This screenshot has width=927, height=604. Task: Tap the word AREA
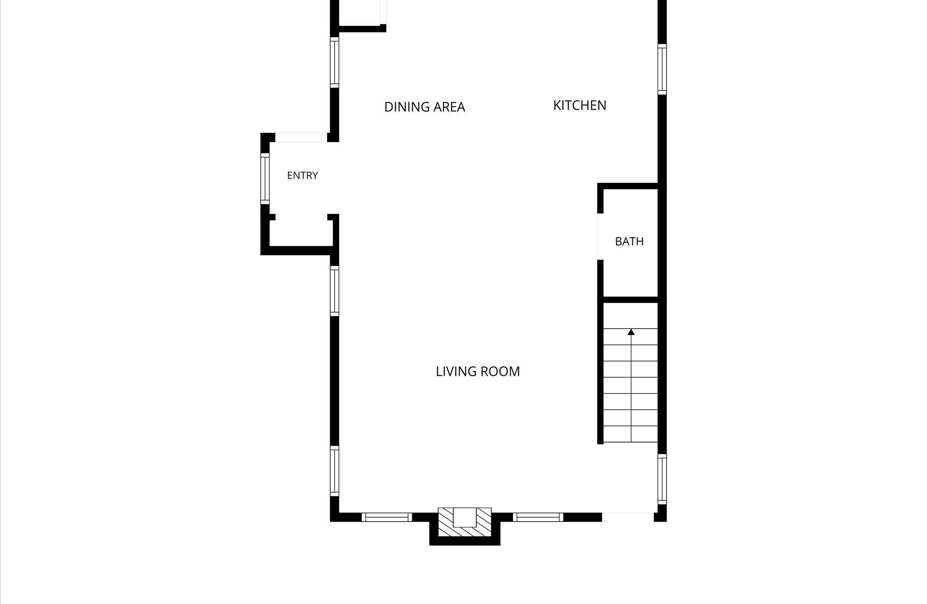tap(449, 107)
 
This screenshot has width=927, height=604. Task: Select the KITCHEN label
tap(580, 106)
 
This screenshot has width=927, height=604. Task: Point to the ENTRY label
tap(302, 176)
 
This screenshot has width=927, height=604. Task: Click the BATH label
tap(629, 241)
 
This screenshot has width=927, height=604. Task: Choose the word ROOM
tap(500, 371)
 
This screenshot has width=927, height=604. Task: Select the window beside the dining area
tap(334, 62)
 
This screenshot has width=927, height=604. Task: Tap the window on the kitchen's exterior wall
tap(662, 69)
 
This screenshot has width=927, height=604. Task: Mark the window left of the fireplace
tap(387, 517)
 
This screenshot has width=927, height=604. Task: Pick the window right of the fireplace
tap(538, 517)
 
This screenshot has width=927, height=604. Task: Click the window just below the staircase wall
tap(662, 479)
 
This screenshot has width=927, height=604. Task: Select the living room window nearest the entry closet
tap(334, 291)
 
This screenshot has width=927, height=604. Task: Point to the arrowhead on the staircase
tap(631, 332)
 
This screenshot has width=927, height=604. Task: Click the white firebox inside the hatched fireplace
tap(465, 517)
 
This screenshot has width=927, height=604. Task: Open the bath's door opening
tap(600, 237)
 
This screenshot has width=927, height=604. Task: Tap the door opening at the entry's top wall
tap(301, 138)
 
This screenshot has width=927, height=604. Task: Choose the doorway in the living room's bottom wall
tap(628, 517)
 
